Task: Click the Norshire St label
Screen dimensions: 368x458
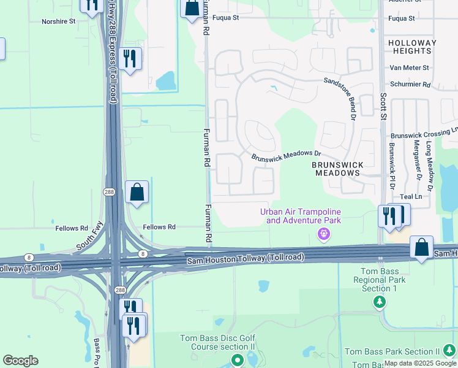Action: click(58, 21)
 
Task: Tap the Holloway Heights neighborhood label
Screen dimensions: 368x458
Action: click(412, 47)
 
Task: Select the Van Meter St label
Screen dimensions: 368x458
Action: click(410, 67)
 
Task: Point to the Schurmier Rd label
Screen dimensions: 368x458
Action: click(410, 85)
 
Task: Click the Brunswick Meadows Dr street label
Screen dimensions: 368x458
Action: click(286, 156)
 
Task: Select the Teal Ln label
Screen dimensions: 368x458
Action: click(410, 196)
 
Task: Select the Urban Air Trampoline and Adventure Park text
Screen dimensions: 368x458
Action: click(300, 216)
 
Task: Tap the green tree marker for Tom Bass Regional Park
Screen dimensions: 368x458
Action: click(380, 302)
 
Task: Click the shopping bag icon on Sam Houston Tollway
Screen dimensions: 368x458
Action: click(421, 248)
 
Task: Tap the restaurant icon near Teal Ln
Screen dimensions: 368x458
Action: click(389, 217)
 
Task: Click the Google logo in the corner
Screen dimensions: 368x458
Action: click(20, 361)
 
